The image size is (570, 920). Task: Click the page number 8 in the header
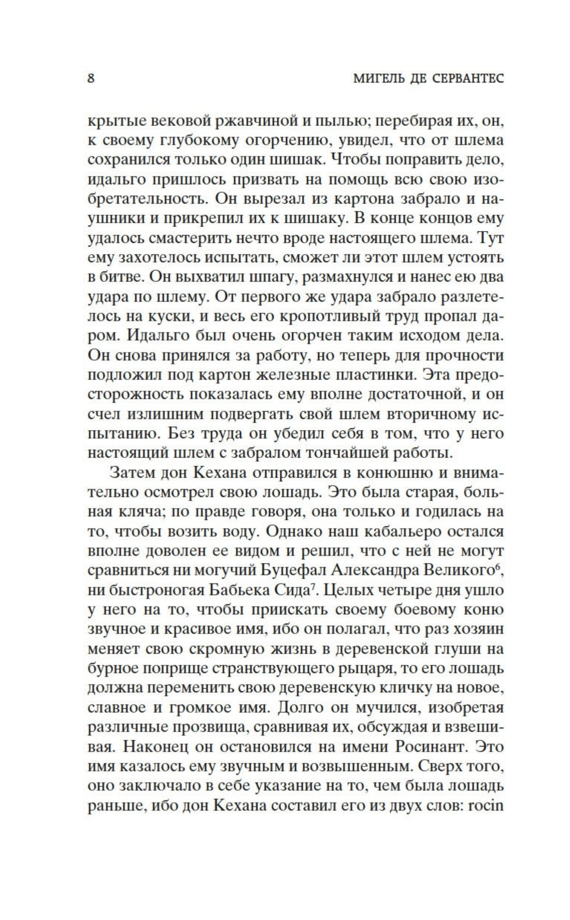(x=91, y=79)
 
